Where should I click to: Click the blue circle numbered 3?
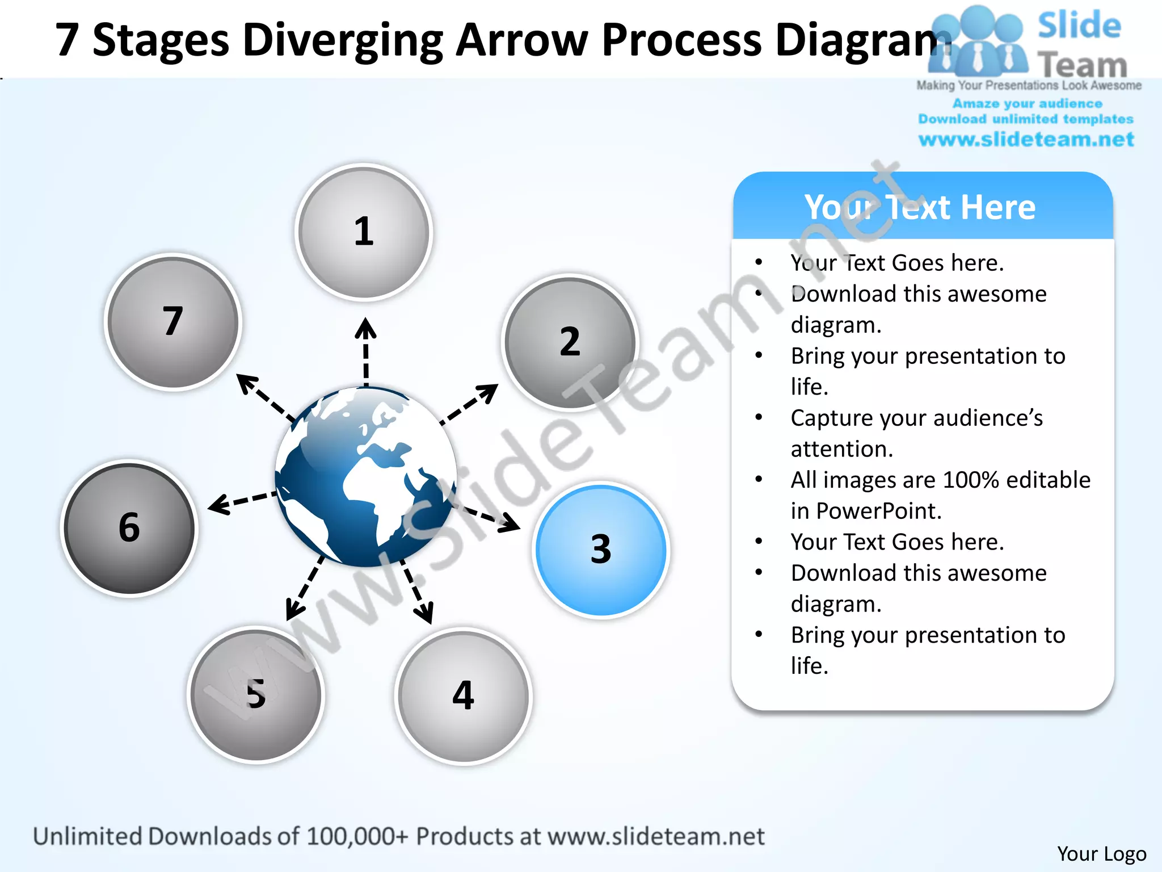coord(601,550)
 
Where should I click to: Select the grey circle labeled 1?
coord(364,232)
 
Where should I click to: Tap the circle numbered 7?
coord(173,321)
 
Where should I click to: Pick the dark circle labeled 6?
coord(129,527)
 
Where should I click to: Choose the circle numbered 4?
coord(463,696)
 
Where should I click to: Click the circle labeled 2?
coord(570,342)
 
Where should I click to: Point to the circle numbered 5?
coord(256,694)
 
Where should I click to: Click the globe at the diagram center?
coord(366,477)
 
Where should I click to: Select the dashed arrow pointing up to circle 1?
coord(365,352)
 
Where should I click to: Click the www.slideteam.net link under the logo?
coord(1026,140)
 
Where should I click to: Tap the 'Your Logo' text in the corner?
coord(1101,853)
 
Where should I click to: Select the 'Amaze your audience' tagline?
coord(1027,103)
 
